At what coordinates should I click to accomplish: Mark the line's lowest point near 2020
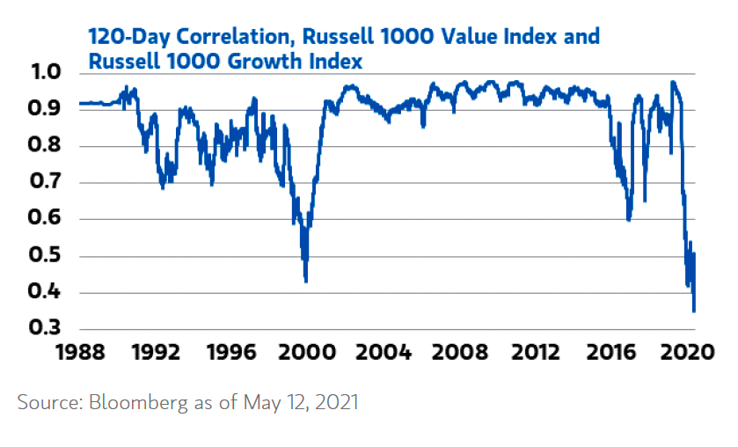[694, 311]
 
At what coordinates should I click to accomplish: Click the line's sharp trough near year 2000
[305, 282]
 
